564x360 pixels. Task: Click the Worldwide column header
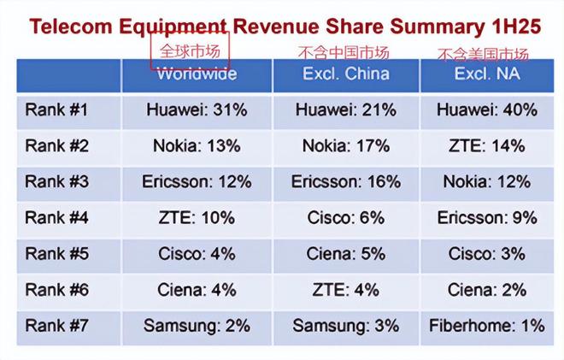coord(197,74)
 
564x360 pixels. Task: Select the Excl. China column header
coord(345,74)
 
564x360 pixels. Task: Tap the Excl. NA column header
coord(486,74)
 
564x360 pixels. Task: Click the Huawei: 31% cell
coord(197,110)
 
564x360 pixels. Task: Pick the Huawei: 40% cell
coord(486,110)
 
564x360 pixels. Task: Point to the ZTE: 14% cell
coord(486,146)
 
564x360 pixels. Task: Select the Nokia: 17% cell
coord(345,146)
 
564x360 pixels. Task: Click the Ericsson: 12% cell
coord(197,182)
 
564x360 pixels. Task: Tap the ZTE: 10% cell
coord(197,218)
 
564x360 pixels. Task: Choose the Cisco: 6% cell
coord(345,218)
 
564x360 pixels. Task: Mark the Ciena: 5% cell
coord(345,254)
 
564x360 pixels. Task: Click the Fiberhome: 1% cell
coord(486,326)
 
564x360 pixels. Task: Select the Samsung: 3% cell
coord(345,326)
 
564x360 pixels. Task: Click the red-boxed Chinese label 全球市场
coord(191,50)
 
